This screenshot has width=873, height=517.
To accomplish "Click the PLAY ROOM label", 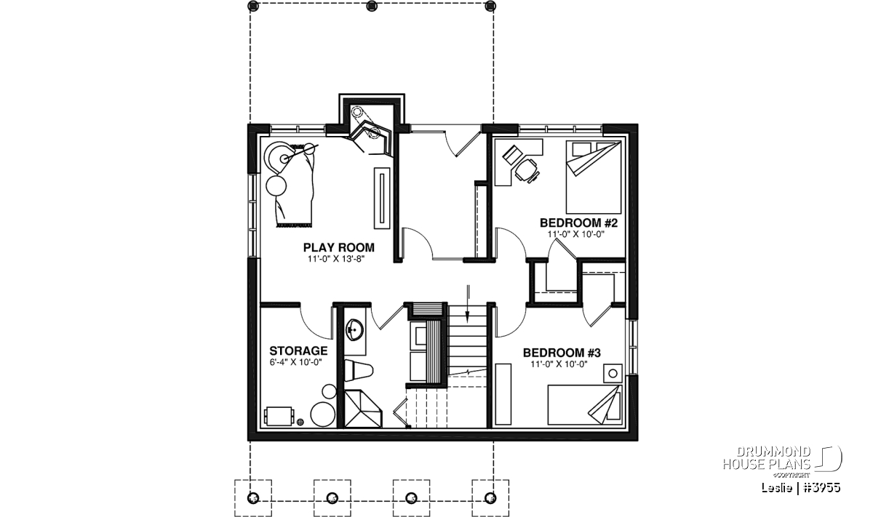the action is pos(339,247).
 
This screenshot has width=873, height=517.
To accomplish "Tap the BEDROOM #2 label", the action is pos(579,223).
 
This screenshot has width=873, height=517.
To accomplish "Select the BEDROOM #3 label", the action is pos(562,353).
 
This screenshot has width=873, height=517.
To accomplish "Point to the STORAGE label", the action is pos(298,350).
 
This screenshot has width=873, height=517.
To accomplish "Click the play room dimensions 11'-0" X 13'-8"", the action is pos(335,259).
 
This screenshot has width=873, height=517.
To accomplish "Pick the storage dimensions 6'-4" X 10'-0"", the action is pos(295,362).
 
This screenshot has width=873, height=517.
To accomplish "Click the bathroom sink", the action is pos(355,330).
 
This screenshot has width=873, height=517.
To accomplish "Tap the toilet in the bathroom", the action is pos(359,371).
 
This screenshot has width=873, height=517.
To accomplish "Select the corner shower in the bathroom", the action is pos(363,409).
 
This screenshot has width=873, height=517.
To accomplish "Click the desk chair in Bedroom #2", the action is pos(527,172).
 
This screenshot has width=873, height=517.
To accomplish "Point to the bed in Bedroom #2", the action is pos(594,177).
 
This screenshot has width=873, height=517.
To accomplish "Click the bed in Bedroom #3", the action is pos(584,405).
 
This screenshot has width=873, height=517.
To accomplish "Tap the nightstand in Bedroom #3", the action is pos(613,374).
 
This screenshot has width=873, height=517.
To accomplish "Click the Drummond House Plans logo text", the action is pos(768,458).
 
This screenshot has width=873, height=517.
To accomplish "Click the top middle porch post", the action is pos(372,6).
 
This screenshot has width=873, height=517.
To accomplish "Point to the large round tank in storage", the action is pos(323,414).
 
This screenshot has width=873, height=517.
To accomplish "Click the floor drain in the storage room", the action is pos(300,422).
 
